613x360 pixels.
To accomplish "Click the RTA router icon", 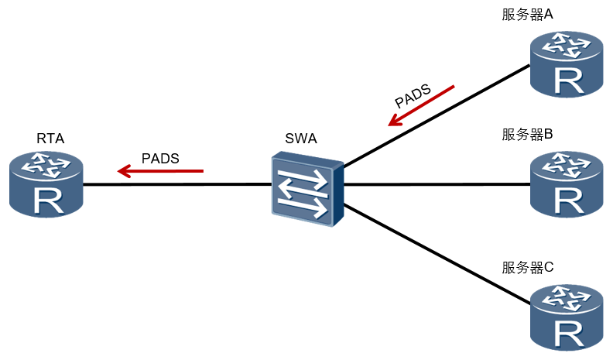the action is coord(46,184).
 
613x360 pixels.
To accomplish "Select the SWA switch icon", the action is coord(308,189).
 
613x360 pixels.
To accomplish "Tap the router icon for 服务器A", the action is coord(567,64).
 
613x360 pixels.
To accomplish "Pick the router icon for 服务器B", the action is coord(567,184).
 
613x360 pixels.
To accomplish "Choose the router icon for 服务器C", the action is coord(567,317).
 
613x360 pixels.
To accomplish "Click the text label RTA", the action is coord(50,139).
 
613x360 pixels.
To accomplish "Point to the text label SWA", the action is coord(301,139).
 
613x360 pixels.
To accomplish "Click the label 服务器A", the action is coord(527,15).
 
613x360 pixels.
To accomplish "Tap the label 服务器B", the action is coord(527,135).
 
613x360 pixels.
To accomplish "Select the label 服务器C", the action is coord(528,268).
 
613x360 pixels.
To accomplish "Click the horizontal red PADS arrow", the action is coord(160,171).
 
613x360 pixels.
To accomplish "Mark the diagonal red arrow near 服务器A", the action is coord(421,105).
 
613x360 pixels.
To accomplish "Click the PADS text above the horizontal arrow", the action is coord(160,158).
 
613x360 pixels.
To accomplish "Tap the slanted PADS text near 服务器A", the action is coord(413,96).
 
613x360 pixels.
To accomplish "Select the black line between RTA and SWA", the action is coord(177,184).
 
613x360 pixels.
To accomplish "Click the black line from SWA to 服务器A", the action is coord(437,115).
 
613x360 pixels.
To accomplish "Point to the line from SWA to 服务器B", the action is coord(437,183).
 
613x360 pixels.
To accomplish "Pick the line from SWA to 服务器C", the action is coord(437,254).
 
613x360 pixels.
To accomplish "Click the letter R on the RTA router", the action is coord(49,201).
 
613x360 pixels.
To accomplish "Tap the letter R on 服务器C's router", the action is coord(569,334).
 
